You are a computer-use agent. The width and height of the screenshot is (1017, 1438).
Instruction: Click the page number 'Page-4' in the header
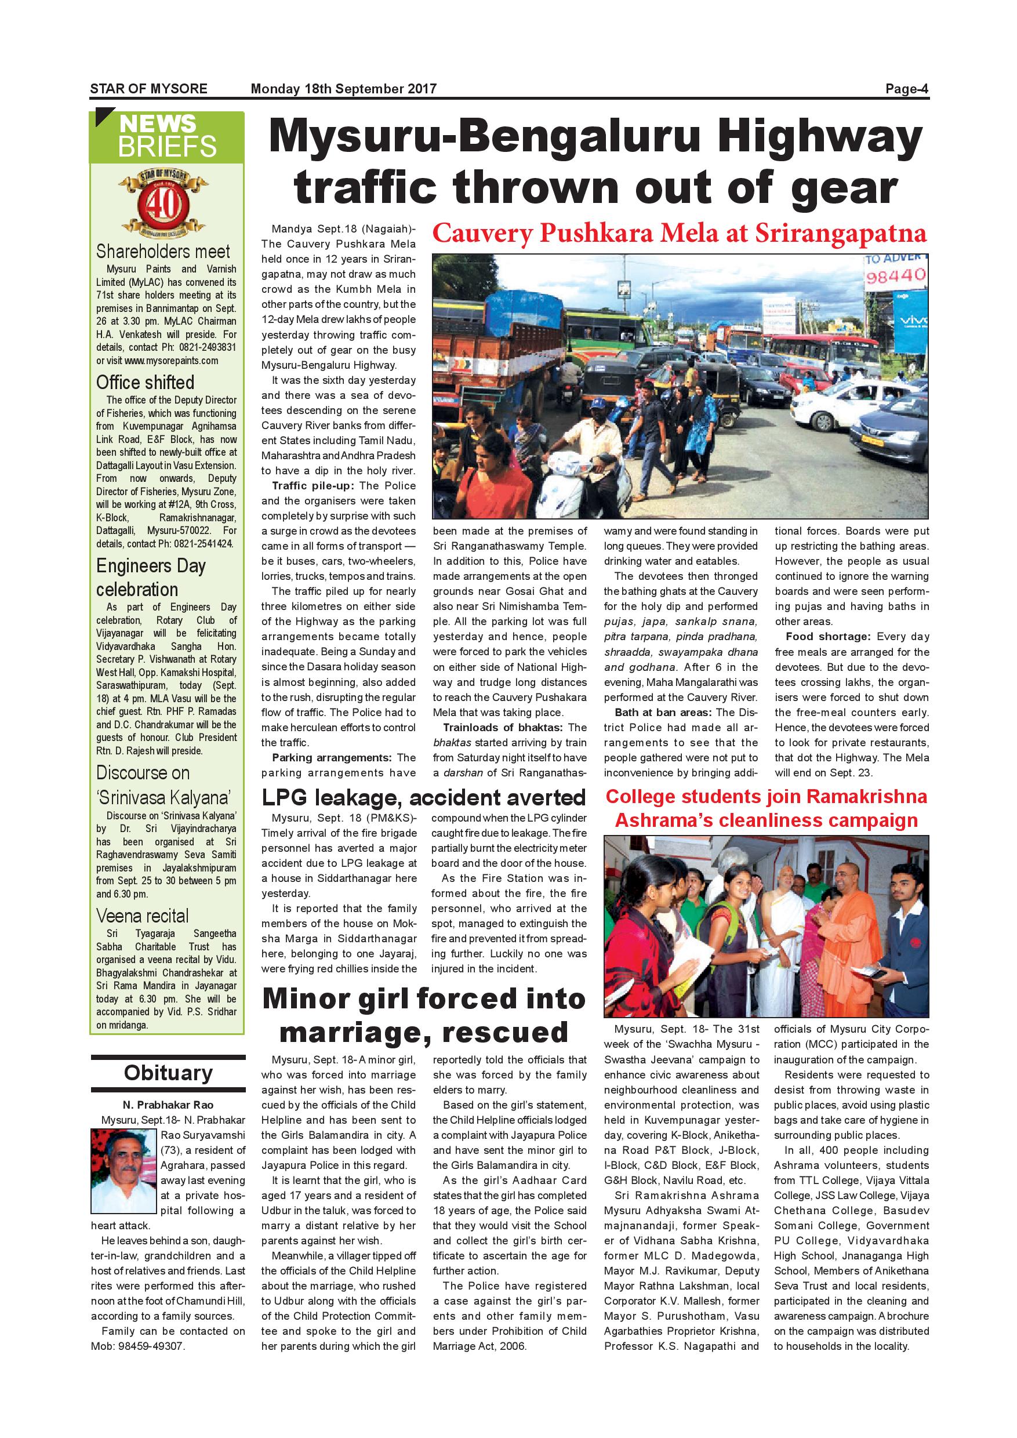click(906, 89)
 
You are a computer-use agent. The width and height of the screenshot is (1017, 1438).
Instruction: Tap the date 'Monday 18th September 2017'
click(343, 89)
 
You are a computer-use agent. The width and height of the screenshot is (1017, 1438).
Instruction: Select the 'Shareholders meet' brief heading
click(163, 252)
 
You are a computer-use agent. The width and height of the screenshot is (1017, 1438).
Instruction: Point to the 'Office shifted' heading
click(146, 383)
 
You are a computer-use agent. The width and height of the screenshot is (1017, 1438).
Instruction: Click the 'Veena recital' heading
click(142, 916)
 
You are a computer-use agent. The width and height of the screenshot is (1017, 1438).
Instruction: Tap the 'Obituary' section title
click(168, 1073)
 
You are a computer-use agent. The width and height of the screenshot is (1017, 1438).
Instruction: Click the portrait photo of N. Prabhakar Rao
click(123, 1171)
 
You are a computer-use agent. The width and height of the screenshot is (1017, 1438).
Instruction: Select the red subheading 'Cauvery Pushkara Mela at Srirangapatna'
click(679, 234)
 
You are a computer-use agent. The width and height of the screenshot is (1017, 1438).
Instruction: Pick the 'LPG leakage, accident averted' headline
click(423, 797)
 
